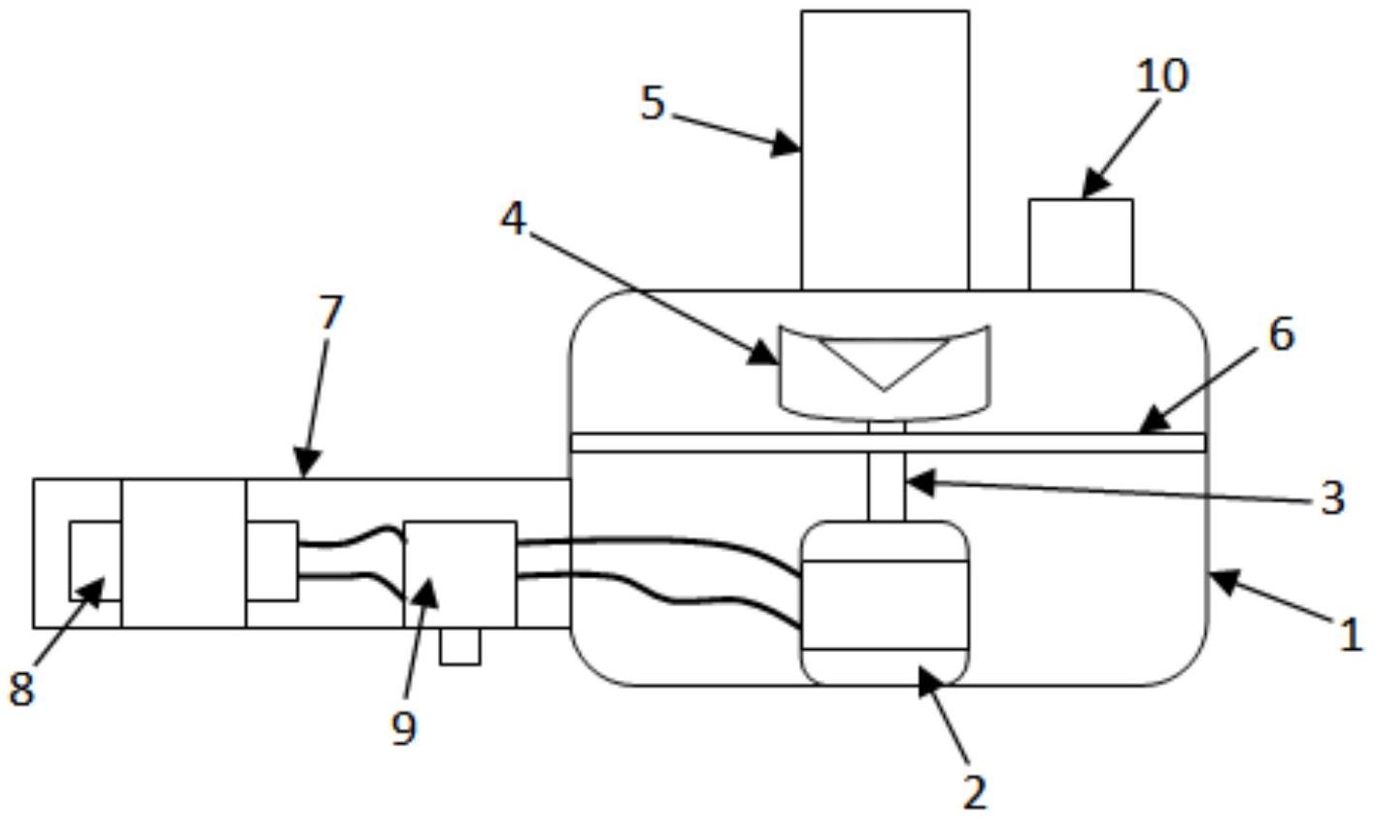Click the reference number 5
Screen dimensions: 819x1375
pos(653,103)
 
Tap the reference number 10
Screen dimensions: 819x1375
pos(1161,75)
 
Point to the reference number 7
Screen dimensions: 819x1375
pos(331,313)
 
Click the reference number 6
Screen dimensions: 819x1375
pos(1281,334)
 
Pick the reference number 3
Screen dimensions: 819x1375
pos(1332,497)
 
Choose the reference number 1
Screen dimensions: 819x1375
pos(1351,635)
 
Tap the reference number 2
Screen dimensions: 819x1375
pos(974,792)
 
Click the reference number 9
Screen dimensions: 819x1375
pos(404,727)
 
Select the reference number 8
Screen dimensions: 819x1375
pos(21,689)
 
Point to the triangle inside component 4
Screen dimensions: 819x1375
pos(883,358)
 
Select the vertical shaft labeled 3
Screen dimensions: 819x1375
pos(886,486)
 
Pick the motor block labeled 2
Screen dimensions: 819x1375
pos(883,603)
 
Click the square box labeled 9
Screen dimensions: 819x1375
pos(459,574)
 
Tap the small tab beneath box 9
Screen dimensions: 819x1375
pos(459,647)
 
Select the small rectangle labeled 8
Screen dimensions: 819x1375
pos(94,561)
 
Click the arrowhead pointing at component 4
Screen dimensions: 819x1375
pos(766,356)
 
